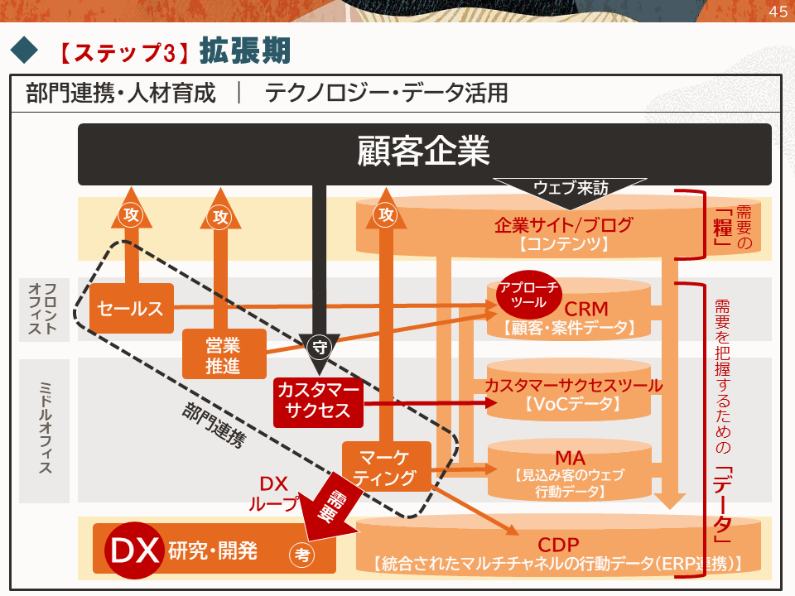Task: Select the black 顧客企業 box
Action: pyautogui.click(x=424, y=154)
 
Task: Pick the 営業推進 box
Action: pyautogui.click(x=223, y=354)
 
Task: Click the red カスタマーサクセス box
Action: pyautogui.click(x=318, y=401)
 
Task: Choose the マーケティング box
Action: pyautogui.click(x=386, y=468)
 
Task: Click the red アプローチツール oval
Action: pyautogui.click(x=528, y=295)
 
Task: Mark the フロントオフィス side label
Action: pyautogui.click(x=44, y=309)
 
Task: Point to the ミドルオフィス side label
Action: pyautogui.click(x=44, y=430)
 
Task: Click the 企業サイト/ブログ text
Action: pyautogui.click(x=563, y=224)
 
